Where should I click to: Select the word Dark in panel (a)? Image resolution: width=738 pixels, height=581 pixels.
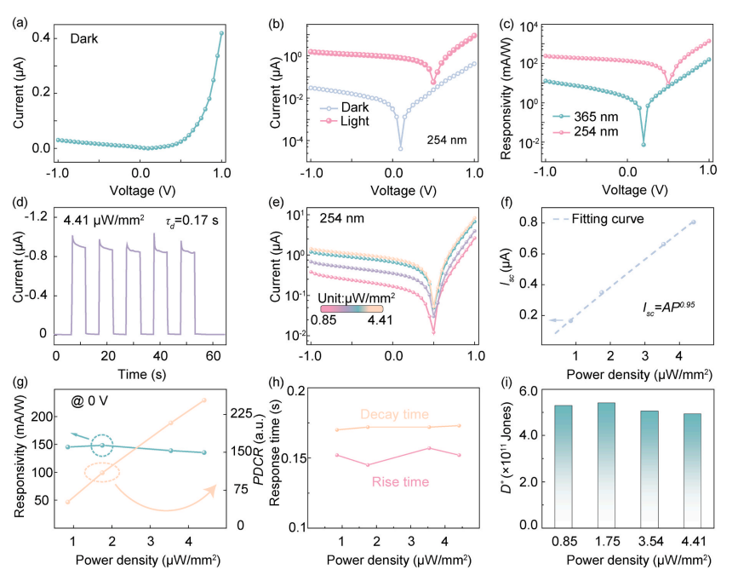(86, 37)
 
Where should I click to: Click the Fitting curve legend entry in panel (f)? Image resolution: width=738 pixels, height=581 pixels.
(606, 219)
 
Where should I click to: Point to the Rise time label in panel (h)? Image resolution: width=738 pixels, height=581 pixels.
(393, 483)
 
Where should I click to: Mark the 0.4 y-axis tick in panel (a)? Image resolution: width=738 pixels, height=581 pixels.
(37, 37)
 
